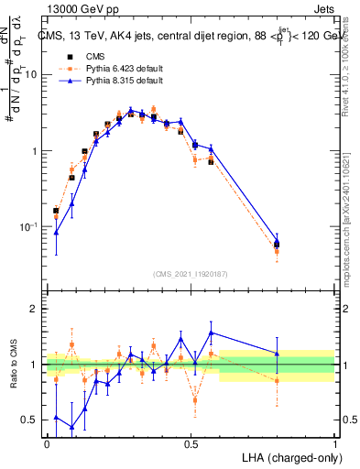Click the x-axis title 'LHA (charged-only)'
click(x=290, y=456)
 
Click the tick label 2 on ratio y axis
click(x=35, y=309)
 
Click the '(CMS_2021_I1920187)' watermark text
click(x=191, y=274)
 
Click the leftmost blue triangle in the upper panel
click(x=57, y=232)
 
